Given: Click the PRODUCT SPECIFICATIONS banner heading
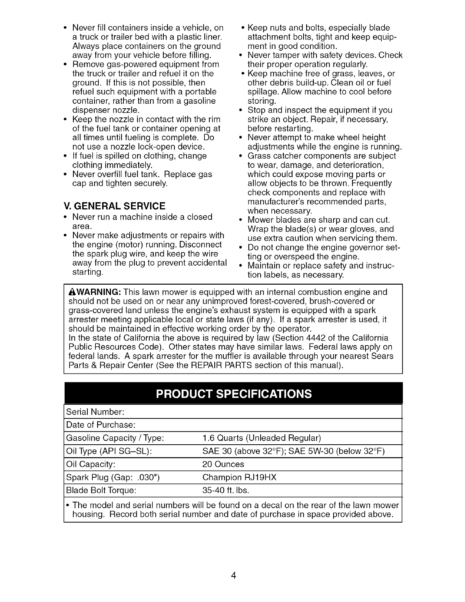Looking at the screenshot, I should pos(233,393).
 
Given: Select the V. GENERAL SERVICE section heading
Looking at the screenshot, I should pos(115,206).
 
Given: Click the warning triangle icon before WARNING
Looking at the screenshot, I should pos(71,292).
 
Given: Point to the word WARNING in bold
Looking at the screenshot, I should pos(98,292).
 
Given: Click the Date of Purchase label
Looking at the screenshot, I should pos(101,425).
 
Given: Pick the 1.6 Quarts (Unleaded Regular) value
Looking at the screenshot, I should pos(262,438).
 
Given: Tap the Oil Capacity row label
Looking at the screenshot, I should pos(91,464).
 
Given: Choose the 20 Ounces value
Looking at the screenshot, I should pos(223,464).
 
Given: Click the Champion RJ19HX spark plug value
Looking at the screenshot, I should pos(239,477).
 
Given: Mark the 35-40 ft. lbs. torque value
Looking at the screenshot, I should pos(226,490).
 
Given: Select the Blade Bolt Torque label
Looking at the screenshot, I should pos(101,490).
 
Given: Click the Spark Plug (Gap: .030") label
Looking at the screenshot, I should pos(112,477).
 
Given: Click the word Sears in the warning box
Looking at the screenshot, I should pos(383,356).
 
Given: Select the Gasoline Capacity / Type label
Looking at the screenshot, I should pos(115,438).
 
